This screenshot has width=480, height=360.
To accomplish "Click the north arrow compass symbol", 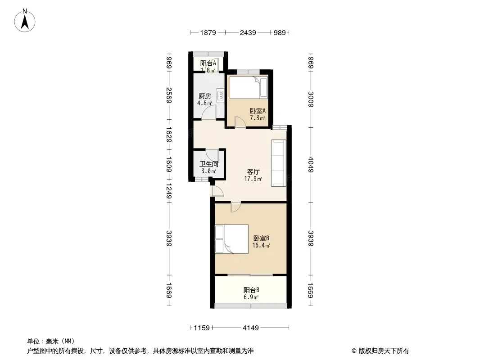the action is click(25, 20).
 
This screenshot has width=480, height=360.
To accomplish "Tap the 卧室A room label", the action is click(258, 111).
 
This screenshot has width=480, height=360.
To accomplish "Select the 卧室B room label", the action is click(261, 238).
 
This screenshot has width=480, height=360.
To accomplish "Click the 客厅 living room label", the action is click(253, 171).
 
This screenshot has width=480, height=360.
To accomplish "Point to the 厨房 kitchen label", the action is click(204, 96).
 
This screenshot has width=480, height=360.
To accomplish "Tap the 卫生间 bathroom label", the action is click(209, 164).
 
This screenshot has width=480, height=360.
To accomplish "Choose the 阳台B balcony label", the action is click(251, 290).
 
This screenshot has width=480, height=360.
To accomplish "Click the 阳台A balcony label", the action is click(208, 63).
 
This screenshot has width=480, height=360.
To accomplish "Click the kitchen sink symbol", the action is click(220, 95).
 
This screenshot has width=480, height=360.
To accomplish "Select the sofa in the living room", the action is click(279, 163).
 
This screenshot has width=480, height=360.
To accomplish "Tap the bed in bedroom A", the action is click(249, 87).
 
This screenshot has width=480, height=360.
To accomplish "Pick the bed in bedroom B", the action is click(231, 239).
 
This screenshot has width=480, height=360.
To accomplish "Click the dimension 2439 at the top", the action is click(248, 32).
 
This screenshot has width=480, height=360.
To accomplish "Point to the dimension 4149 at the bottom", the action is click(251, 328).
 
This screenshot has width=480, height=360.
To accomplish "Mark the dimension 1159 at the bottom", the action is click(202, 328).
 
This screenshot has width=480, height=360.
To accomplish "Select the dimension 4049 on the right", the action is click(311, 165).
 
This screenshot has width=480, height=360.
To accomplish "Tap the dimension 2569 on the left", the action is click(169, 95).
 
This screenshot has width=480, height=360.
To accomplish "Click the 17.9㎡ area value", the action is click(253, 179).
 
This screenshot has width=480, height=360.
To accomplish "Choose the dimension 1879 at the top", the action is click(208, 32).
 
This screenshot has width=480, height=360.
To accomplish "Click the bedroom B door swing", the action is click(235, 207).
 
